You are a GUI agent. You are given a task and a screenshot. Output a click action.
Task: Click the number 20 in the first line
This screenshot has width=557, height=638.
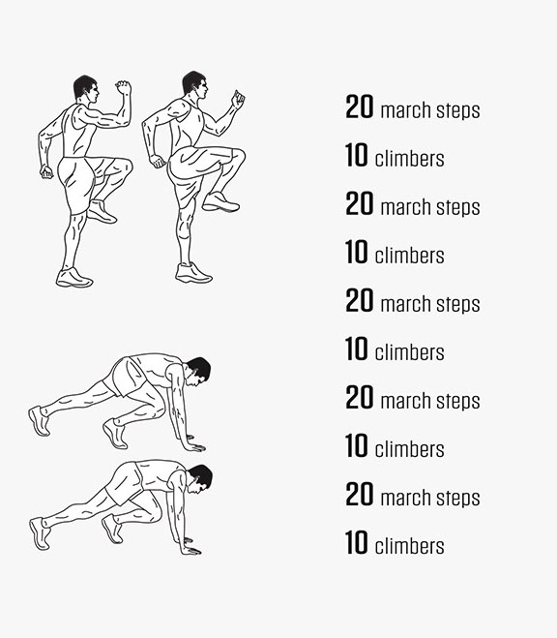click(359, 106)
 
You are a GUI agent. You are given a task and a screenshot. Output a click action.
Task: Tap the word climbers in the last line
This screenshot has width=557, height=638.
click(409, 546)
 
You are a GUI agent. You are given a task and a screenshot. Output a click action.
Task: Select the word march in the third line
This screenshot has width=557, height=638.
click(405, 207)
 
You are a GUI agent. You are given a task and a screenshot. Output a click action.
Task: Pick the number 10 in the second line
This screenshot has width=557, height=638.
click(356, 155)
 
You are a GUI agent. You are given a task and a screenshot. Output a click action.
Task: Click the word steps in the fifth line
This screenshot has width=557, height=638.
click(458, 305)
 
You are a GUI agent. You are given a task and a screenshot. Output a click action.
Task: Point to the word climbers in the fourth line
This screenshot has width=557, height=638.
click(409, 256)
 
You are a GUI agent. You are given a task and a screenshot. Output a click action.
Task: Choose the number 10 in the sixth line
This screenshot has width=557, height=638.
click(356, 349)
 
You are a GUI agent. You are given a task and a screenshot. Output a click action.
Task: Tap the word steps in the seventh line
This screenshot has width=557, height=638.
click(458, 402)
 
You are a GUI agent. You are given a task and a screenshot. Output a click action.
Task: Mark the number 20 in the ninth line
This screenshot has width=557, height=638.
click(359, 494)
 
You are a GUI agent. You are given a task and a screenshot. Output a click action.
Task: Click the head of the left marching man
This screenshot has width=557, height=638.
click(86, 88)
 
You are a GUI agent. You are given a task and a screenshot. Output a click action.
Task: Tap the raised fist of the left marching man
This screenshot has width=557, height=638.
click(123, 88)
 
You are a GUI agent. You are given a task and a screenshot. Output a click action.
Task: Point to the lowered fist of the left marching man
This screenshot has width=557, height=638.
click(46, 171)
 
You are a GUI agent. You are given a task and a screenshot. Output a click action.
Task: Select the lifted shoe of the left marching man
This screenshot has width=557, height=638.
click(102, 211)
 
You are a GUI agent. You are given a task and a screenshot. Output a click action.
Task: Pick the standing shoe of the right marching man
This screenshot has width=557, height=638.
click(193, 273)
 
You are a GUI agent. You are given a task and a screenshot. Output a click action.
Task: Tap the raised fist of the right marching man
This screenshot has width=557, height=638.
click(238, 100)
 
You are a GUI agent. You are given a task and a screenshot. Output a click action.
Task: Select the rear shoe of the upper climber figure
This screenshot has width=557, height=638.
click(40, 421)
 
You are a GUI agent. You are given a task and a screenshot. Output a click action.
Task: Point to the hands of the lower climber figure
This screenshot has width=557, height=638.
click(191, 546)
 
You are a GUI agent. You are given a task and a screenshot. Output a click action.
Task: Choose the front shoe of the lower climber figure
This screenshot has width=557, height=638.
click(112, 529)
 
